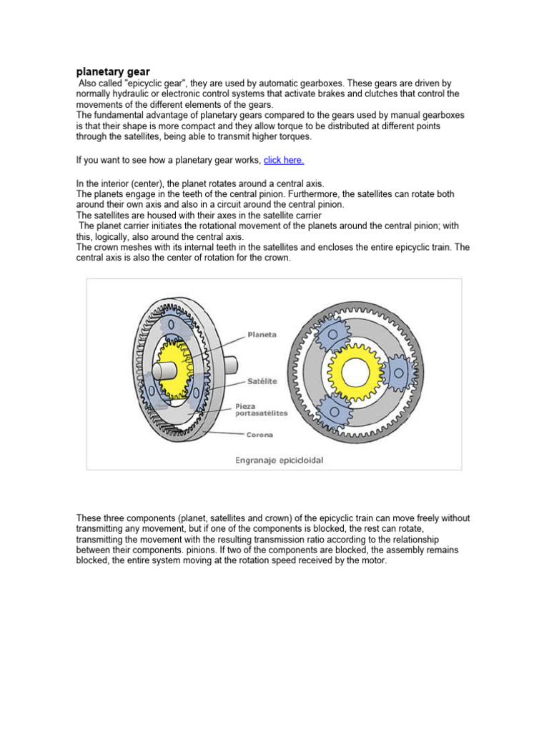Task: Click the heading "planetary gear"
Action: click(x=112, y=71)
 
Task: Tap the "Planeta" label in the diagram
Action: click(x=262, y=333)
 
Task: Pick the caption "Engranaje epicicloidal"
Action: click(x=280, y=460)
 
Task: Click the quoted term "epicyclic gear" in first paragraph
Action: click(x=142, y=84)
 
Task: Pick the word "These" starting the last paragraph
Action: click(x=89, y=518)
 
